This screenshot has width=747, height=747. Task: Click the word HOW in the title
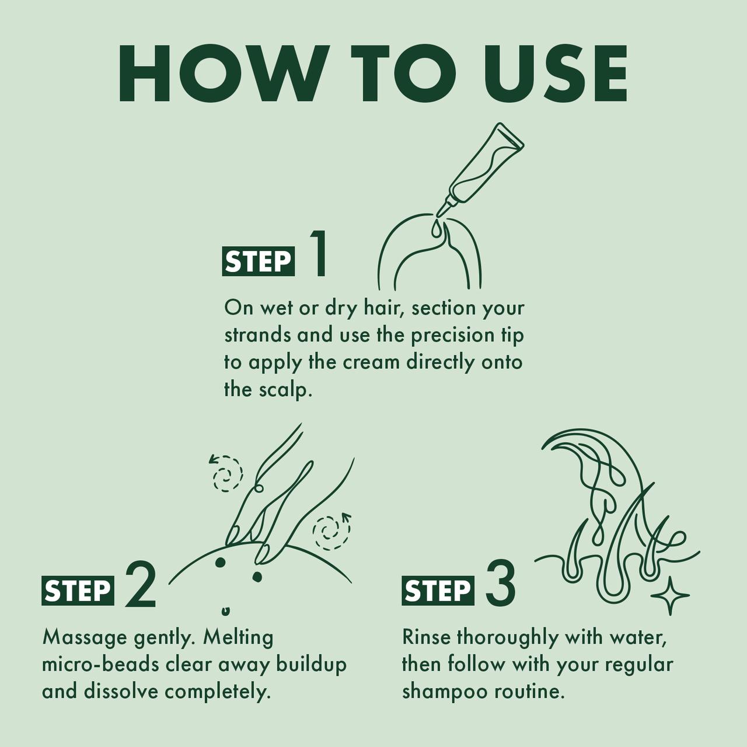tap(221, 74)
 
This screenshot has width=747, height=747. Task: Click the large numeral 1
tap(318, 253)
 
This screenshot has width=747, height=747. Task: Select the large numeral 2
tap(140, 584)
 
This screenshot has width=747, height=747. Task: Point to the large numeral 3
tap(500, 584)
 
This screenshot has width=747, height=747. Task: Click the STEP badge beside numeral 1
tap(258, 261)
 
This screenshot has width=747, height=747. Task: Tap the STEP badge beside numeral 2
tap(78, 591)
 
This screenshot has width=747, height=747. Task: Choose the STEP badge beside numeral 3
tap(438, 591)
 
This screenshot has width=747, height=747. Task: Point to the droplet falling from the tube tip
tap(435, 228)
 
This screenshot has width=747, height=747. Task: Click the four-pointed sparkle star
tap(670, 595)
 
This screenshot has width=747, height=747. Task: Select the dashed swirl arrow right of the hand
tap(331, 530)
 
